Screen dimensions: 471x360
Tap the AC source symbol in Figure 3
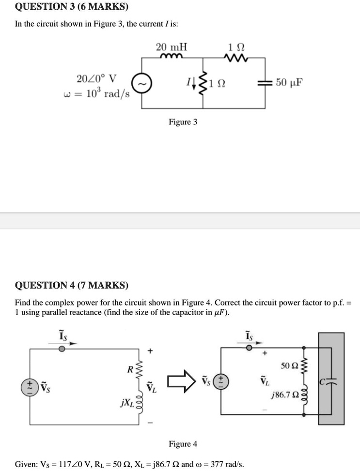pos(142,83)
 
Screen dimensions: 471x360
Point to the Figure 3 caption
pos(183,122)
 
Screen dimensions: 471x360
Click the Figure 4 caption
pos(183,444)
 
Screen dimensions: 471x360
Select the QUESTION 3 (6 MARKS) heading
pos(72,7)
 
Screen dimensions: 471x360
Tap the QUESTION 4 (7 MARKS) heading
pos(72,285)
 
